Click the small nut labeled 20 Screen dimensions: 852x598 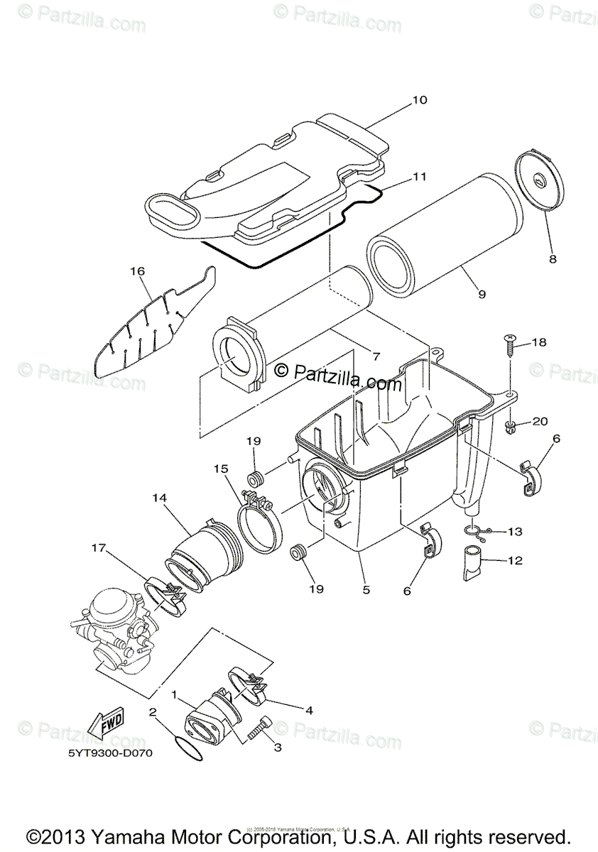[510, 427]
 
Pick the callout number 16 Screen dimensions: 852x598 [137, 271]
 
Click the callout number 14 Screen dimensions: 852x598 [159, 499]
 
